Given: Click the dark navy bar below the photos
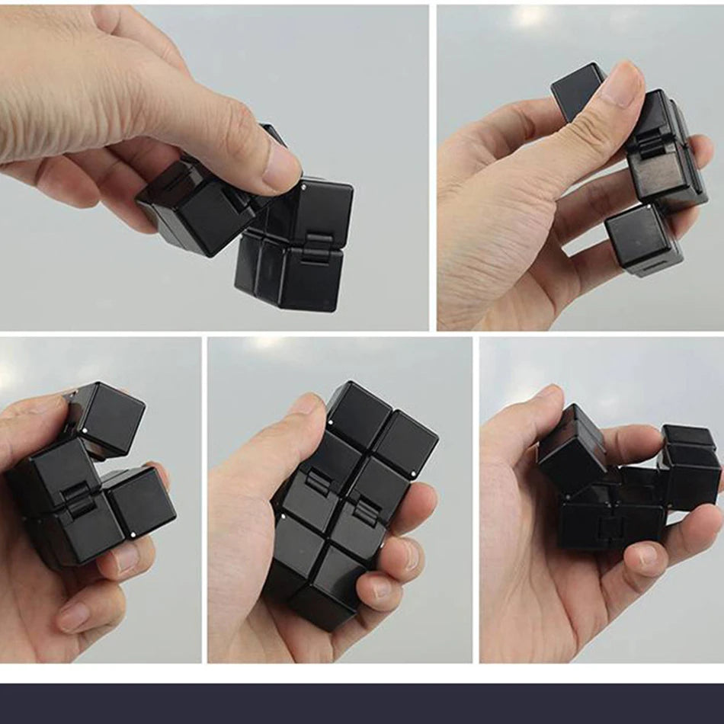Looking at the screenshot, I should tap(362, 703).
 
